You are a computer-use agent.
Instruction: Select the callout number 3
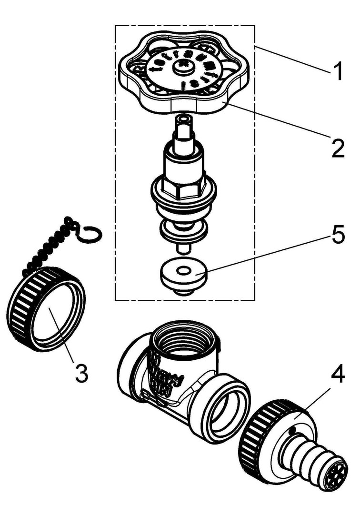click(81, 373)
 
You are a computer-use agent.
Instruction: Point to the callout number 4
click(337, 375)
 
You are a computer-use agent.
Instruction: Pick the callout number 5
click(337, 236)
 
